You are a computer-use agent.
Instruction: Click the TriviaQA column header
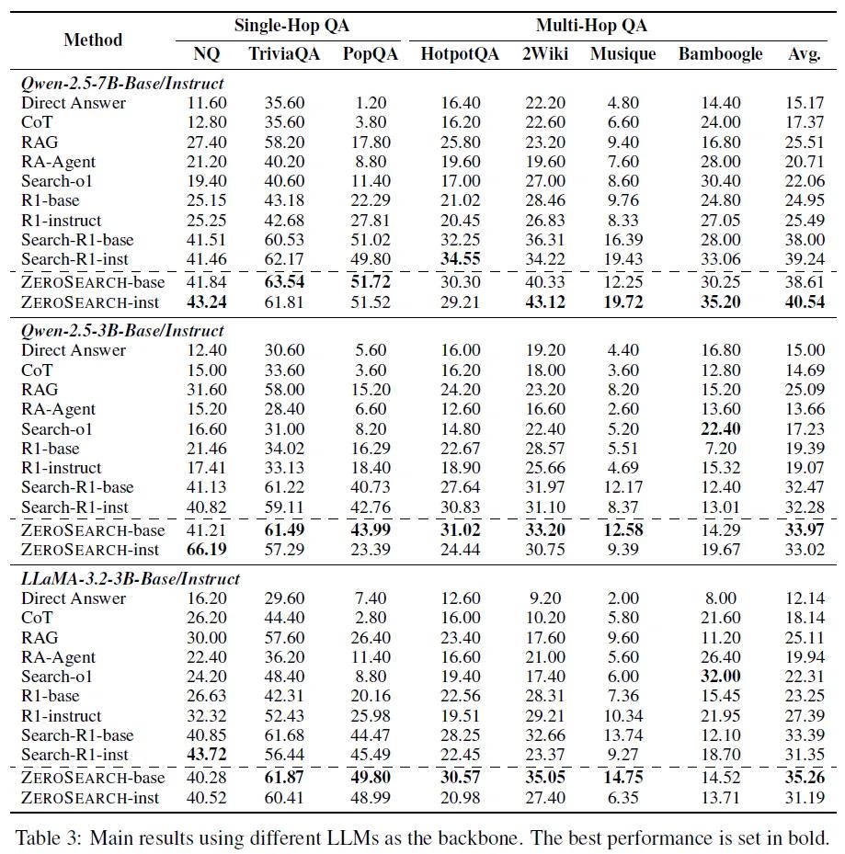tap(284, 54)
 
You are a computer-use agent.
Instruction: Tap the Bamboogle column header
tap(720, 54)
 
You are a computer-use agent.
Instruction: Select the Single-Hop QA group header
tap(291, 26)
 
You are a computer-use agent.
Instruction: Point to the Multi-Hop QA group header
tap(591, 26)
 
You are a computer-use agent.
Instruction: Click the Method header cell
tap(93, 40)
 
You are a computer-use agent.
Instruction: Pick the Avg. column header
tap(805, 54)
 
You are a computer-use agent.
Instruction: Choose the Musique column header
tap(622, 54)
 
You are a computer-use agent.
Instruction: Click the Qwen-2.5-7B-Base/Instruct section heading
tap(122, 84)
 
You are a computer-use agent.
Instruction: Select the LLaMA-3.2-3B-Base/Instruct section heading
tap(131, 578)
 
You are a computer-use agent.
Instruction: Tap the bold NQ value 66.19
tap(207, 549)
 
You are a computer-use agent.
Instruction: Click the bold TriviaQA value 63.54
tap(284, 281)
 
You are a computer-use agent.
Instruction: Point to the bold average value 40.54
tap(805, 302)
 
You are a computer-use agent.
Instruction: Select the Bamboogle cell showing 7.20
tap(720, 449)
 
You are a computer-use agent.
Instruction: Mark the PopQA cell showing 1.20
tap(371, 102)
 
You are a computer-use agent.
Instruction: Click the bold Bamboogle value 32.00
tap(720, 676)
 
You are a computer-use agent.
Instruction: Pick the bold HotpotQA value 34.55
tap(461, 258)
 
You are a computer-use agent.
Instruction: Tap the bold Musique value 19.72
tap(622, 302)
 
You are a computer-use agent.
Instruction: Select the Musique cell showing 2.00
tap(622, 598)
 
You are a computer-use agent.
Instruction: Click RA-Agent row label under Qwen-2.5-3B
tap(58, 409)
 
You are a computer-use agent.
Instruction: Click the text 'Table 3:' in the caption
tap(48, 837)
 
